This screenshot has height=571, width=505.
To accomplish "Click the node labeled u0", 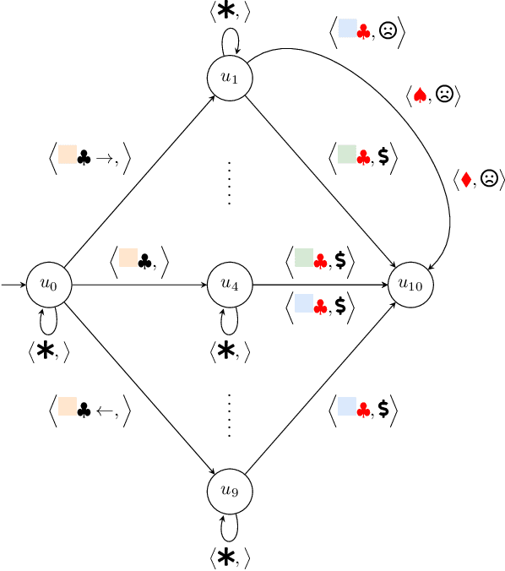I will tap(48, 285).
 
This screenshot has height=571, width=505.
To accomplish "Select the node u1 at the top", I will tap(229, 76).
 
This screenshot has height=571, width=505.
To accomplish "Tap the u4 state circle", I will tap(229, 285).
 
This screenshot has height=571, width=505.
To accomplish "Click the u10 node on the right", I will tap(410, 285).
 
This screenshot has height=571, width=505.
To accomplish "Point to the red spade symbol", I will tap(420, 96).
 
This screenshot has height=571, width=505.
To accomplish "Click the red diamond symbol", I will tap(465, 179).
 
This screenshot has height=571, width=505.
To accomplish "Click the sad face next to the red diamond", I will tap(488, 179).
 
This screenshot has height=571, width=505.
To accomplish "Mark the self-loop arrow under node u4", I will tap(229, 318).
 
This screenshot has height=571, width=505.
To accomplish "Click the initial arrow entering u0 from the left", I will tap(14, 285).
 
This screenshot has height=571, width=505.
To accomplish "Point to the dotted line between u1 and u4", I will tap(229, 181).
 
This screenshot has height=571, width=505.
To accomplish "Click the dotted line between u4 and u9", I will tap(229, 414).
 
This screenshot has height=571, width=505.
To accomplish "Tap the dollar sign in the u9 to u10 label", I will tap(383, 410).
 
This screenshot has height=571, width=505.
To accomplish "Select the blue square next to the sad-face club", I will tap(347, 30).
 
